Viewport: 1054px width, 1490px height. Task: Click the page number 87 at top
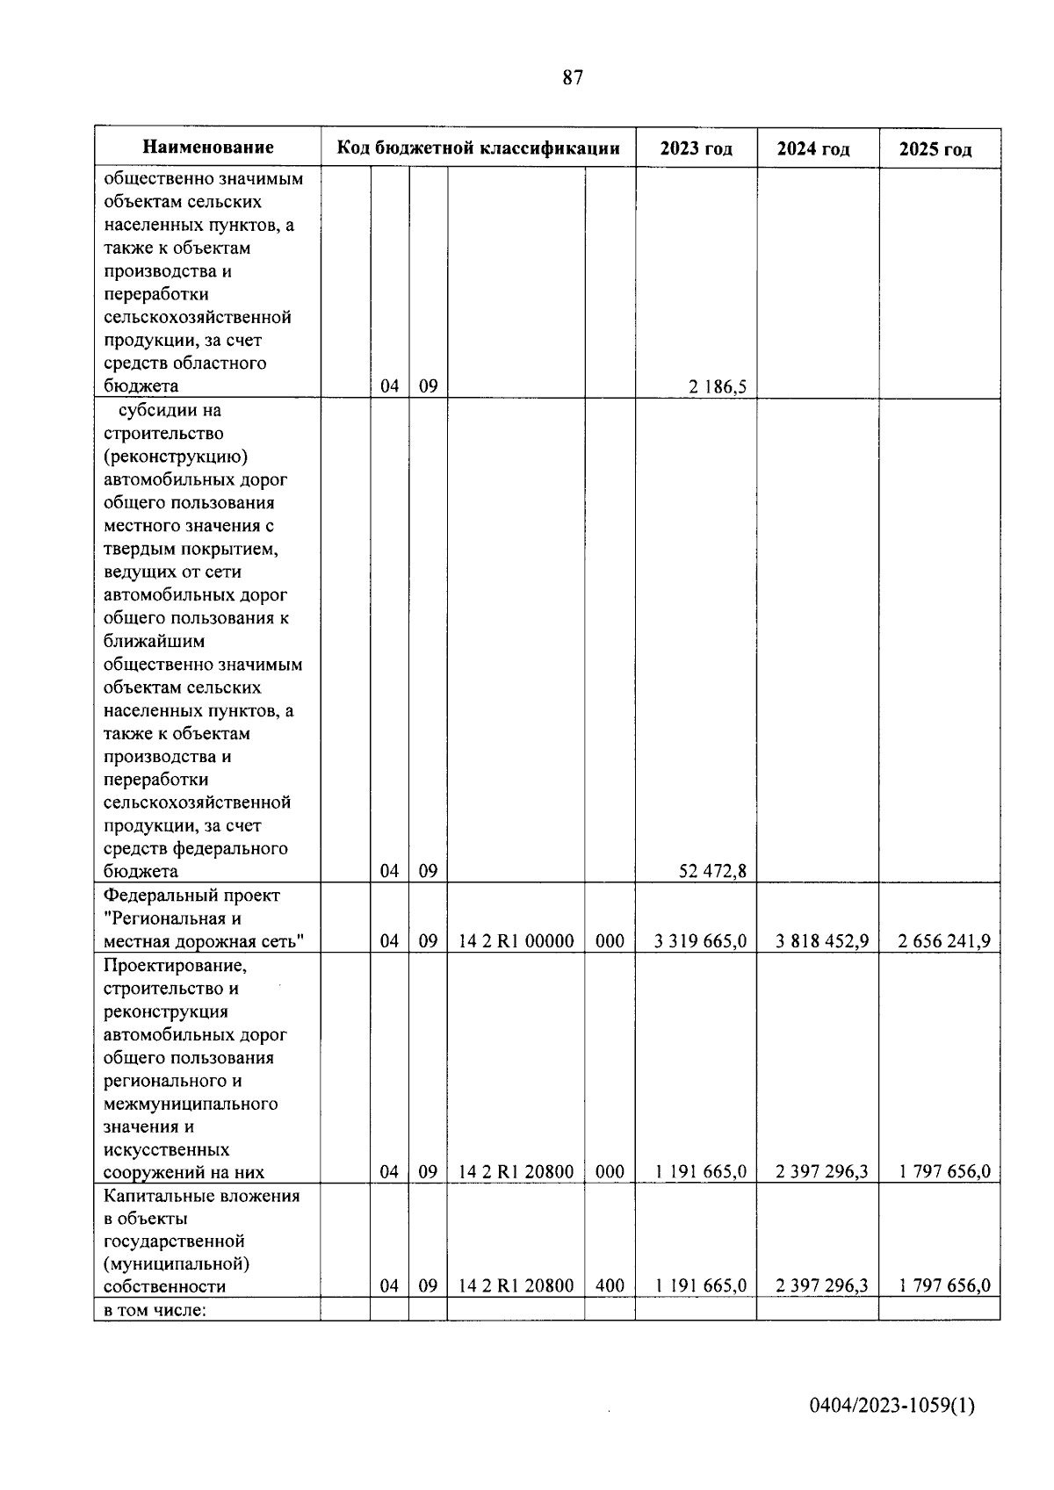572,78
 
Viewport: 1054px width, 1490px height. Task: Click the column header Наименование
208,148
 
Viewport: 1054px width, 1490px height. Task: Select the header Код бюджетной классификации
479,148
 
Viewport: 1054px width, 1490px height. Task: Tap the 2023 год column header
696,148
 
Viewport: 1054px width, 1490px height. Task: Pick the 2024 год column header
813,149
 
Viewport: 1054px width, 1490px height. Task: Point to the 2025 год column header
935,149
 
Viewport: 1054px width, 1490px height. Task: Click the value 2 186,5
718,386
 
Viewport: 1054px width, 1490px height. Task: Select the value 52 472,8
713,871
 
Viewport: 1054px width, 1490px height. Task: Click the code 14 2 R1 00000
516,941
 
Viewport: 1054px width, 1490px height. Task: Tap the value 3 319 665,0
701,941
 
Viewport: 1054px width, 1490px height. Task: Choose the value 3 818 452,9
822,941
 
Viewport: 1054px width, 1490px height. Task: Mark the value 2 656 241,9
943,941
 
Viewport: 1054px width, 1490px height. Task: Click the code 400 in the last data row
610,1285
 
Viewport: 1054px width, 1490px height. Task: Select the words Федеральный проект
191,896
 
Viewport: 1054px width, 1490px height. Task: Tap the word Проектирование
176,966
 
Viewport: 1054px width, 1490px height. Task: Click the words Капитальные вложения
201,1196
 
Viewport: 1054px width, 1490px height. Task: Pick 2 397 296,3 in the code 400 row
822,1285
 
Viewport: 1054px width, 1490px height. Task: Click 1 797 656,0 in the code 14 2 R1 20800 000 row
943,1171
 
